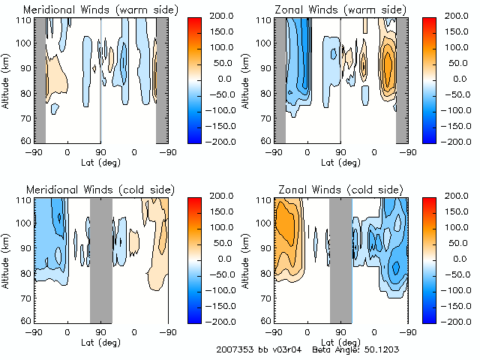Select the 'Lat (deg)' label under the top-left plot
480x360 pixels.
coord(100,161)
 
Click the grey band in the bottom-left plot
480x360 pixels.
coord(100,259)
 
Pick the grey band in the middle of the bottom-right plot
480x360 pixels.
coord(341,259)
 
